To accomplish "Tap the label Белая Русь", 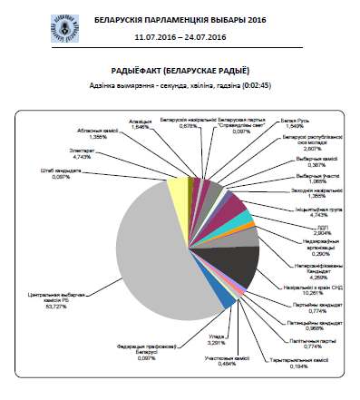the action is point(289,124).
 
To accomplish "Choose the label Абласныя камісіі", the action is point(107,132).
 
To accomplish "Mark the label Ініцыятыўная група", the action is point(314,210).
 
